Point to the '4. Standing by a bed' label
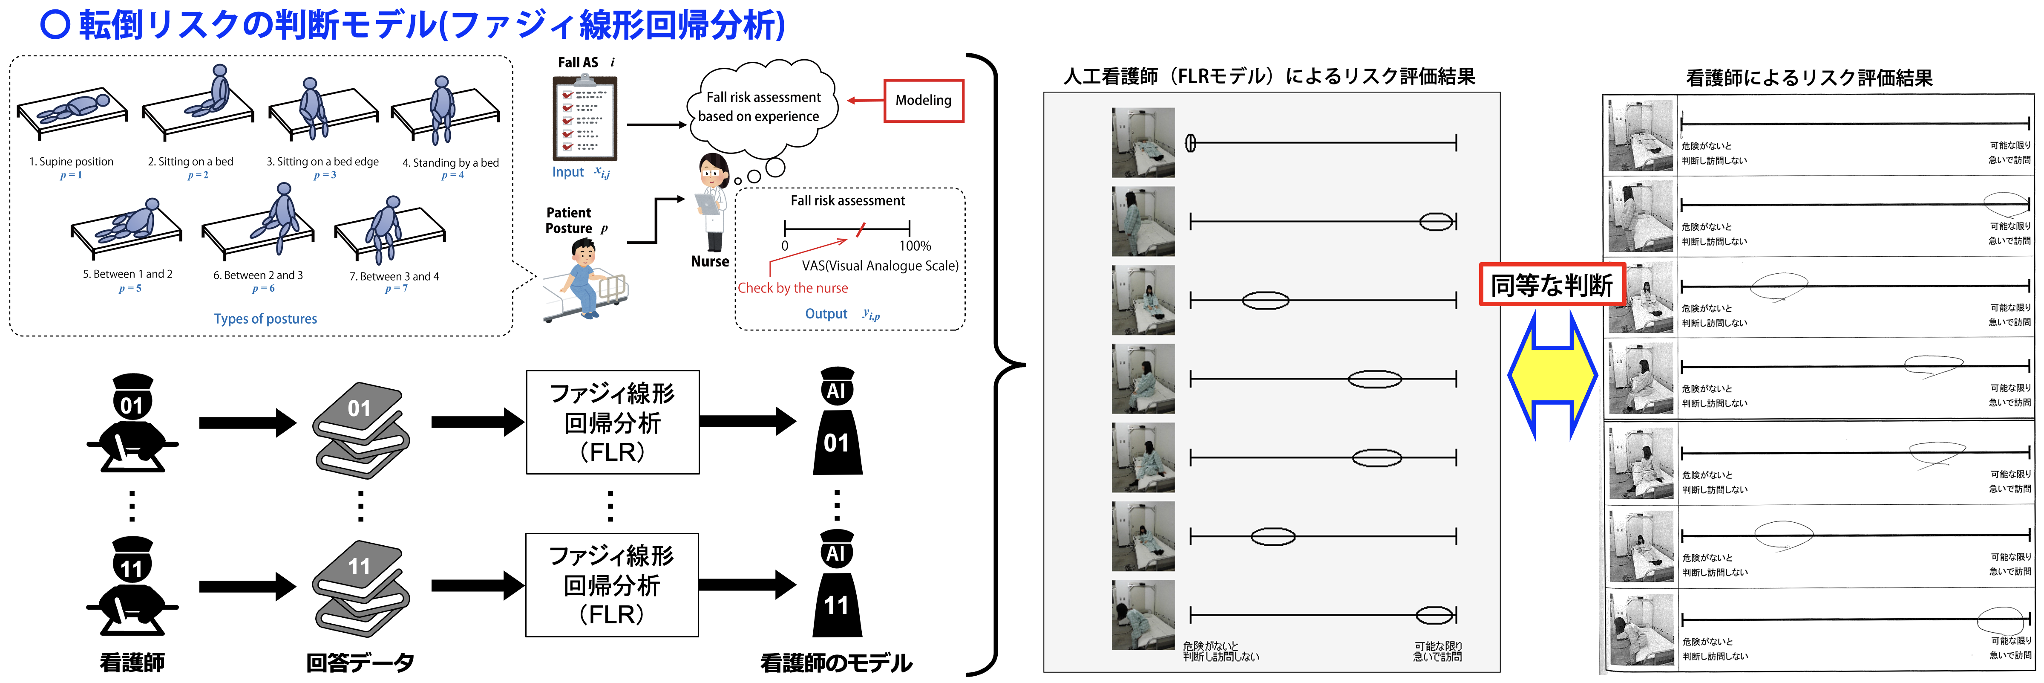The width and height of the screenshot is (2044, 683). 451,163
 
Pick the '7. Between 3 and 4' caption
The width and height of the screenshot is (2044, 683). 394,276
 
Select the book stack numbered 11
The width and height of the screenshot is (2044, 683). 361,587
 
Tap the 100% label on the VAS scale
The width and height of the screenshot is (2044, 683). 915,246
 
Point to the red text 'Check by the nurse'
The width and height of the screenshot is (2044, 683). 793,288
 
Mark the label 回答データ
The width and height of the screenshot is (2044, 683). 360,663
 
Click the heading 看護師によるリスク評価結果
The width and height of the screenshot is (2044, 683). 1809,78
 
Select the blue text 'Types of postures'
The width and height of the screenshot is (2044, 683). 265,318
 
